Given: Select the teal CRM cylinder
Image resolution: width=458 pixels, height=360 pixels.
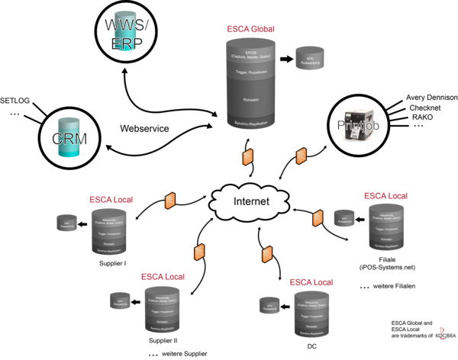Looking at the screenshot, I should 69,138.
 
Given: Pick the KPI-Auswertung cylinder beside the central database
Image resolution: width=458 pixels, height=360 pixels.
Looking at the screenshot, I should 310,58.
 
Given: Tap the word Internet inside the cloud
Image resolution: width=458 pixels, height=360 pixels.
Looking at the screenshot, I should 251,202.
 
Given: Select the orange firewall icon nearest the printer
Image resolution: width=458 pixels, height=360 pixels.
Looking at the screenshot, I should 302,156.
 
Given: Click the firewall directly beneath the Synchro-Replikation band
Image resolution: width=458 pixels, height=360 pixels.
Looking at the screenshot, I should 247,157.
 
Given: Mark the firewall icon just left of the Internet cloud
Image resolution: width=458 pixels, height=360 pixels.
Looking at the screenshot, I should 169,201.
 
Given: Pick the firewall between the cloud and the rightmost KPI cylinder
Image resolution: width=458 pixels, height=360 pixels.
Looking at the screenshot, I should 318,218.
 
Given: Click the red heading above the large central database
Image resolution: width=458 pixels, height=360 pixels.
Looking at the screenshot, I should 250,29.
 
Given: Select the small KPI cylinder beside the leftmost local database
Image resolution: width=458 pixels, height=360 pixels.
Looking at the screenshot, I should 66,223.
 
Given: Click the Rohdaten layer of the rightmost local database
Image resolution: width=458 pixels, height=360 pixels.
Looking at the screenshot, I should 385,237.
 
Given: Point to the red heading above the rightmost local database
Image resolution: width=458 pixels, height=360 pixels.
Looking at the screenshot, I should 385,196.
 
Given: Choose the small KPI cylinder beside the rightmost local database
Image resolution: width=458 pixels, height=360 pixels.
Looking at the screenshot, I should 344,218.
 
